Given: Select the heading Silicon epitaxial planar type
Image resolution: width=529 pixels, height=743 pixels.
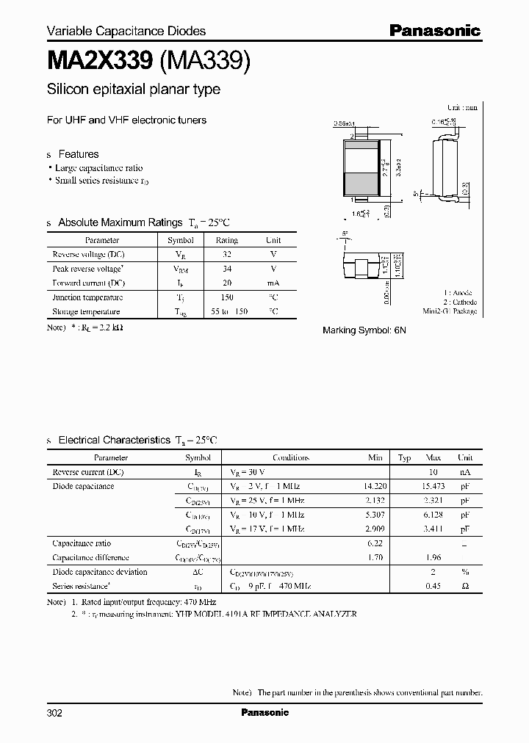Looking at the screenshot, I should (133, 90).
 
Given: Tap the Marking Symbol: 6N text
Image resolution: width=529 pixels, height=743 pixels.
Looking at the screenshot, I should (364, 330).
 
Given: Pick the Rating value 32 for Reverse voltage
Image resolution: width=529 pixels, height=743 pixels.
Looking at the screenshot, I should (226, 254).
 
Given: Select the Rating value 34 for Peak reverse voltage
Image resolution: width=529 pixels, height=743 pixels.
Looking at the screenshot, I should (226, 269).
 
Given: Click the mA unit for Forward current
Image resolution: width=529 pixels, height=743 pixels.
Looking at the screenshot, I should (273, 283).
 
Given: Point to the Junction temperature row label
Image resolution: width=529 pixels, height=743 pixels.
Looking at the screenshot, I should (87, 297).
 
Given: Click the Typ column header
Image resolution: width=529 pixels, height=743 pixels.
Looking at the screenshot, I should (404, 457).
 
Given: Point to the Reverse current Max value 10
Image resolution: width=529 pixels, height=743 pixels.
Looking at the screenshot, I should (433, 471).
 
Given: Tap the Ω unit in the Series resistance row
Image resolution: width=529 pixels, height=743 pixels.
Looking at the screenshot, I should (465, 586).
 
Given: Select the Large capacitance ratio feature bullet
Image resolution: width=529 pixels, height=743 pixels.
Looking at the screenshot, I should (98, 168).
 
